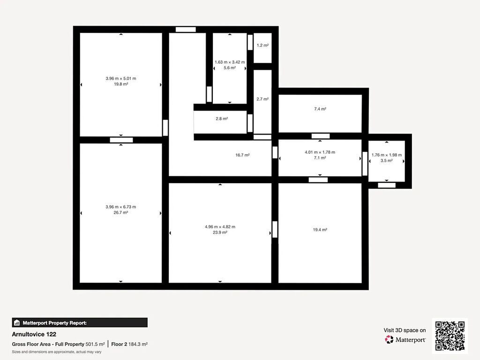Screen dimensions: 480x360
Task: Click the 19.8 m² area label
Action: (x=121, y=84)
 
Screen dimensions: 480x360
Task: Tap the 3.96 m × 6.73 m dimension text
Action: (x=120, y=207)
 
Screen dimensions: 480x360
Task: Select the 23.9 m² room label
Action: (x=220, y=232)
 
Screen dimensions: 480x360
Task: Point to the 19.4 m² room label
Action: (x=320, y=230)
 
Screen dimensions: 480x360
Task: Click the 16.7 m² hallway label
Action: (x=242, y=155)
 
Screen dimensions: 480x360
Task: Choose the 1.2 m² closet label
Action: (x=262, y=45)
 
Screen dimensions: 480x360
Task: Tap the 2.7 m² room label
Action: (x=262, y=99)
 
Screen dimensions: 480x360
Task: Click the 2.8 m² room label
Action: (x=222, y=119)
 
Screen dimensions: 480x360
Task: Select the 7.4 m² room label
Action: (x=320, y=109)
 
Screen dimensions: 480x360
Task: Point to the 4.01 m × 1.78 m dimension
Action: (x=320, y=152)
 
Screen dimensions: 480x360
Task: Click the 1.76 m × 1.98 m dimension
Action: (x=387, y=155)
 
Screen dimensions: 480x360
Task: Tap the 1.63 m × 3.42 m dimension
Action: (x=230, y=62)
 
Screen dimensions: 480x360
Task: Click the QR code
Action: (x=450, y=336)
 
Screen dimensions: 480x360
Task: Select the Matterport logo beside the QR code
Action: (x=405, y=339)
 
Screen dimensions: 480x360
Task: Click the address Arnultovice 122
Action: (x=34, y=334)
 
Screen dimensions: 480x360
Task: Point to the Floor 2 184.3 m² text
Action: (x=129, y=344)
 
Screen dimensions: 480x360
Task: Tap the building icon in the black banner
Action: (x=17, y=322)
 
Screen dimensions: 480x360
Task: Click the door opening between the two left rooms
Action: (x=121, y=140)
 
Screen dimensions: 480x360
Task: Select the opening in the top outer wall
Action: (x=186, y=30)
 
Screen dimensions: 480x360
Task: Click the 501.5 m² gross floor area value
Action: (x=95, y=344)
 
